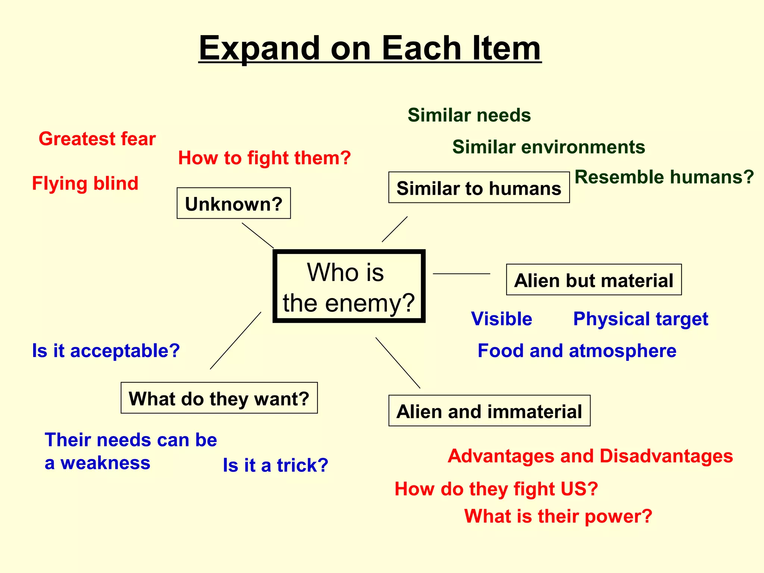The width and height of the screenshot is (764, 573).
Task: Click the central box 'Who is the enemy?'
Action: click(x=349, y=286)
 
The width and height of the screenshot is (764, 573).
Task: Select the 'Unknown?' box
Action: click(x=234, y=203)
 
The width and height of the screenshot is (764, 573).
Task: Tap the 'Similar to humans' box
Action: click(x=479, y=188)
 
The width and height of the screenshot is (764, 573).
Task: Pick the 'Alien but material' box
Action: click(x=594, y=280)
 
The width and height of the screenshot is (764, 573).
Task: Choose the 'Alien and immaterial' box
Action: click(x=489, y=411)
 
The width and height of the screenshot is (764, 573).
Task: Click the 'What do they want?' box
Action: click(x=219, y=398)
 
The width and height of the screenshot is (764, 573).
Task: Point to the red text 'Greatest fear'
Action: click(x=97, y=139)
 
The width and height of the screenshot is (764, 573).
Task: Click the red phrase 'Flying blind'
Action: click(x=85, y=184)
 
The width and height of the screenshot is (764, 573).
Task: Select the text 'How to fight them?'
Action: click(x=264, y=158)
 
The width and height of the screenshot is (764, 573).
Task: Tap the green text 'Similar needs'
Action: click(x=469, y=115)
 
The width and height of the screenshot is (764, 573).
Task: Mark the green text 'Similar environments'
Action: click(x=548, y=147)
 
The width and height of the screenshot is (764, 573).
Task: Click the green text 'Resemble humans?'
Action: click(x=664, y=177)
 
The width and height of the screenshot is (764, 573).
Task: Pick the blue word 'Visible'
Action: click(x=501, y=319)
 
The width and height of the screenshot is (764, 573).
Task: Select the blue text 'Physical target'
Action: click(x=640, y=319)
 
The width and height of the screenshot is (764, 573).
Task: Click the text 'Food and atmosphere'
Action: click(x=577, y=351)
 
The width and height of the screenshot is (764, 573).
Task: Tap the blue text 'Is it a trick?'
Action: click(x=275, y=465)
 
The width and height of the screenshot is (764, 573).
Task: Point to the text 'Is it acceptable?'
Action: click(x=106, y=351)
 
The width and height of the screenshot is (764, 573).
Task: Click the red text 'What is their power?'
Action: click(x=558, y=516)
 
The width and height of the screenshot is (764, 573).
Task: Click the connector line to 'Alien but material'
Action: click(x=461, y=274)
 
